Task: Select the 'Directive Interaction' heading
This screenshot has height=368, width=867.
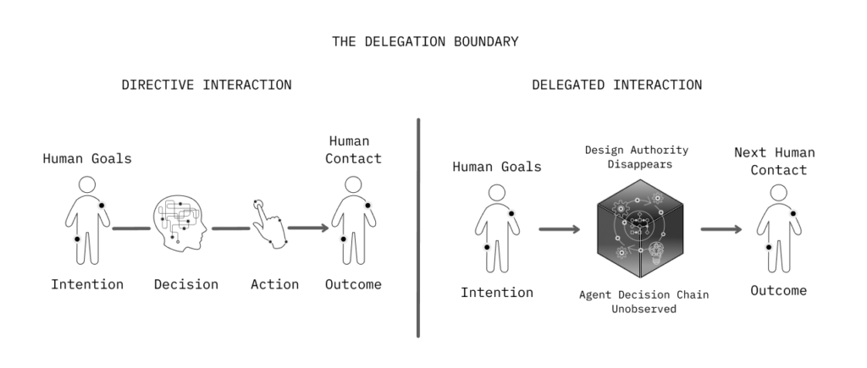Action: tap(207, 85)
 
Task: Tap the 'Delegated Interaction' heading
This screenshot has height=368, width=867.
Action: tap(616, 85)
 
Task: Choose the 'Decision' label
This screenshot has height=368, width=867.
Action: tap(186, 284)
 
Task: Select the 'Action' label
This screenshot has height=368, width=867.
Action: tap(274, 284)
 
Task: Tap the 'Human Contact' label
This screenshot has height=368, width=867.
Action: tap(353, 150)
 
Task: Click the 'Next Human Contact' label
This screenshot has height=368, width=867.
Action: tap(774, 161)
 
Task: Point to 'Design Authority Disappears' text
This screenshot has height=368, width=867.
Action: tap(637, 157)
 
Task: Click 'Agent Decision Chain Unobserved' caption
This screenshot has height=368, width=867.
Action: tap(643, 302)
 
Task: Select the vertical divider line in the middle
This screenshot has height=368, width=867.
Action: tap(418, 228)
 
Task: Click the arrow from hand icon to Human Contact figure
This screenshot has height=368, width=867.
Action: tap(308, 228)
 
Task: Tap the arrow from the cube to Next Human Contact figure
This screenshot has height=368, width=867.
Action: tap(721, 229)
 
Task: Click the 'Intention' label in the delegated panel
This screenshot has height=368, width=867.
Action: tap(497, 293)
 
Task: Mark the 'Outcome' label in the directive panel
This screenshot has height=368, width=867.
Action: tap(353, 284)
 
